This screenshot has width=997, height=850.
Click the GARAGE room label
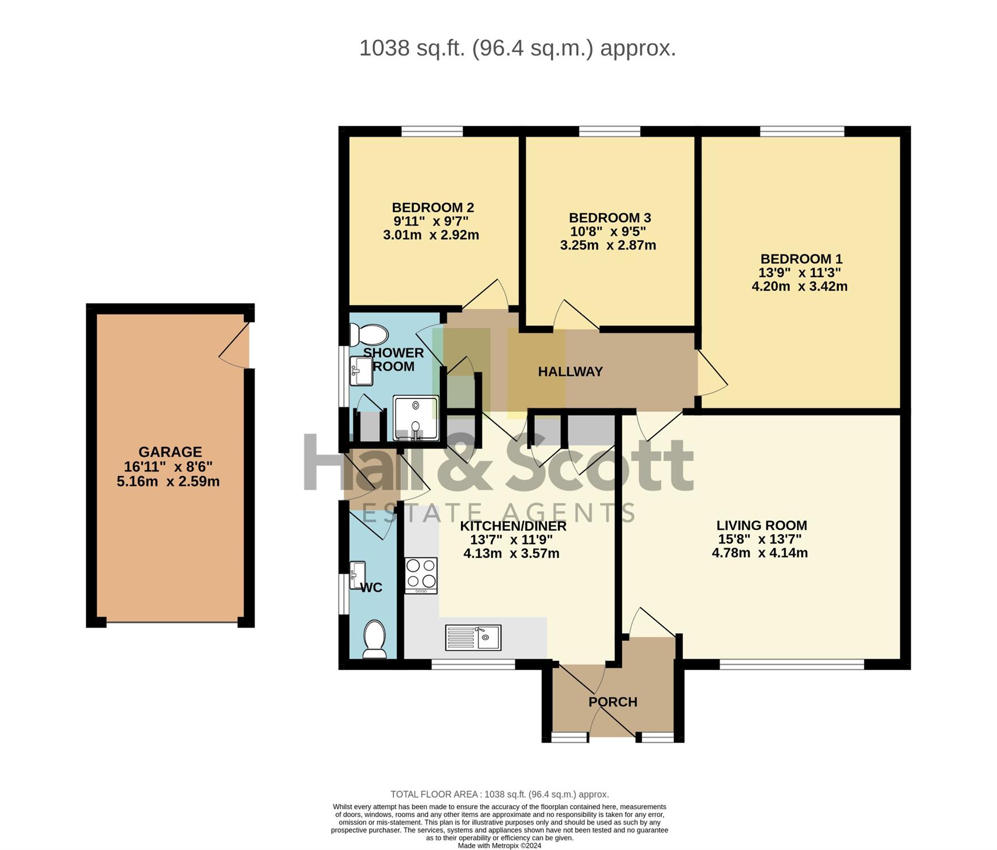coord(170,452)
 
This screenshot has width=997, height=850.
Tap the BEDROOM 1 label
coord(801,259)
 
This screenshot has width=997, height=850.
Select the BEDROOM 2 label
coord(433,207)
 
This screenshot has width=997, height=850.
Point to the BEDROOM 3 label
coord(610,218)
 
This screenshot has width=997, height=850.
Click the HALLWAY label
coord(570,372)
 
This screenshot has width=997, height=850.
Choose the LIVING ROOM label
coord(762,525)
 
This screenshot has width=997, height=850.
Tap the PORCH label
coord(613,702)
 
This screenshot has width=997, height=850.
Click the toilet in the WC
coord(374,639)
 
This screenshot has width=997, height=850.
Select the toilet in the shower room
coord(368,335)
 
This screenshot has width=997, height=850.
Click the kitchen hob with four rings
coord(421,576)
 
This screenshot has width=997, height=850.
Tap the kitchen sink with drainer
coord(473,637)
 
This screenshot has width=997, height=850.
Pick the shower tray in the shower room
coord(416,418)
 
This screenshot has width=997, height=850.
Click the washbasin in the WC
coord(357,575)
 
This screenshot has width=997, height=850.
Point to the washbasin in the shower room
coord(361,371)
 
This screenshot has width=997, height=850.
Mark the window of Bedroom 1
coord(802,132)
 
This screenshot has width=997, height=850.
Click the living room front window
coord(792,664)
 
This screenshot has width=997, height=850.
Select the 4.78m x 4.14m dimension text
coord(760,553)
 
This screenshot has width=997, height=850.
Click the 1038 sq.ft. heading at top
coord(518,48)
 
